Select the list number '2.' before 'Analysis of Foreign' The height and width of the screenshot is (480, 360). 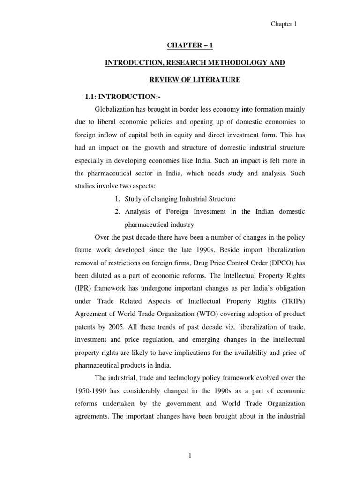(118, 212)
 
